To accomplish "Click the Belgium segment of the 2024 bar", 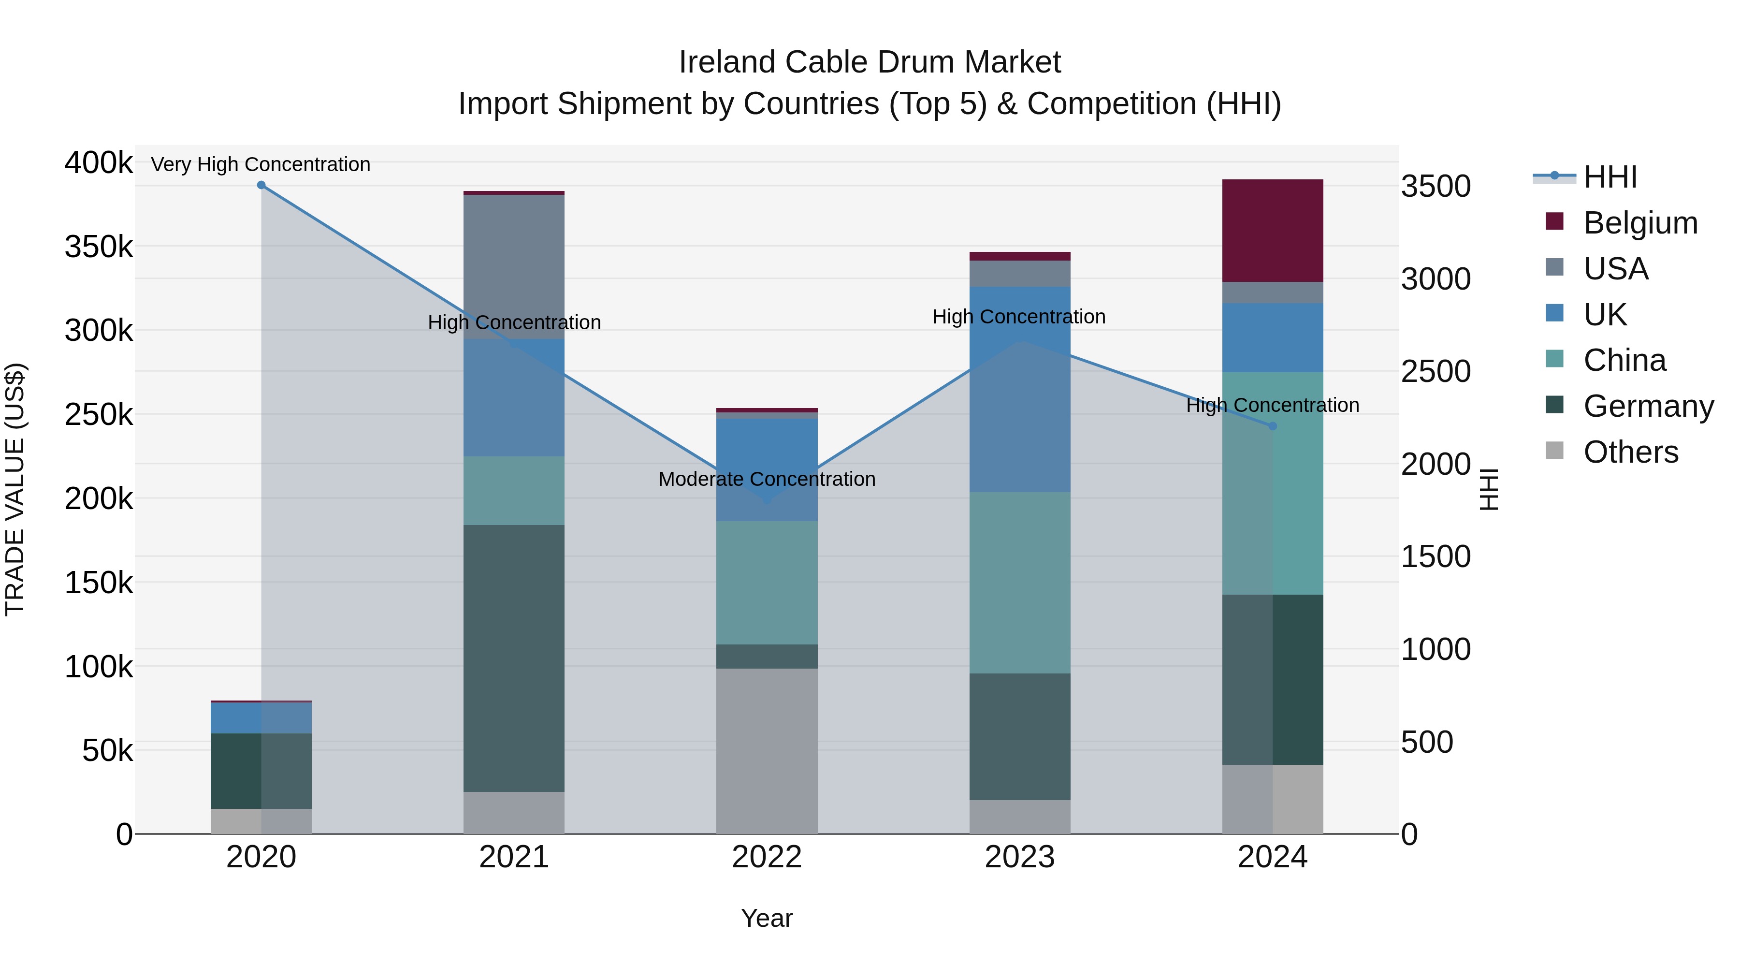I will [1272, 231].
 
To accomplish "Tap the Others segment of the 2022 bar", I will [767, 751].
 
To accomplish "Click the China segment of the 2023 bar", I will [1019, 583].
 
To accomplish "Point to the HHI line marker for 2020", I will [261, 185].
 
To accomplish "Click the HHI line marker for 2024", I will [1273, 426].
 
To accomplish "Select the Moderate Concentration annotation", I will [767, 479].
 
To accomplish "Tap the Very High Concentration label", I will [261, 164].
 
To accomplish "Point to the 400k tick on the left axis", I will [99, 163].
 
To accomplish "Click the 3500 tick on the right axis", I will [1435, 187].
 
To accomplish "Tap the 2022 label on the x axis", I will [767, 857].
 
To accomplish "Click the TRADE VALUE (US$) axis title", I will [15, 489].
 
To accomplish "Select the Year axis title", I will [767, 918].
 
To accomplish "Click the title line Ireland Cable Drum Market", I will [870, 62].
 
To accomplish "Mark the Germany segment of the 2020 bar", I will [261, 771].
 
